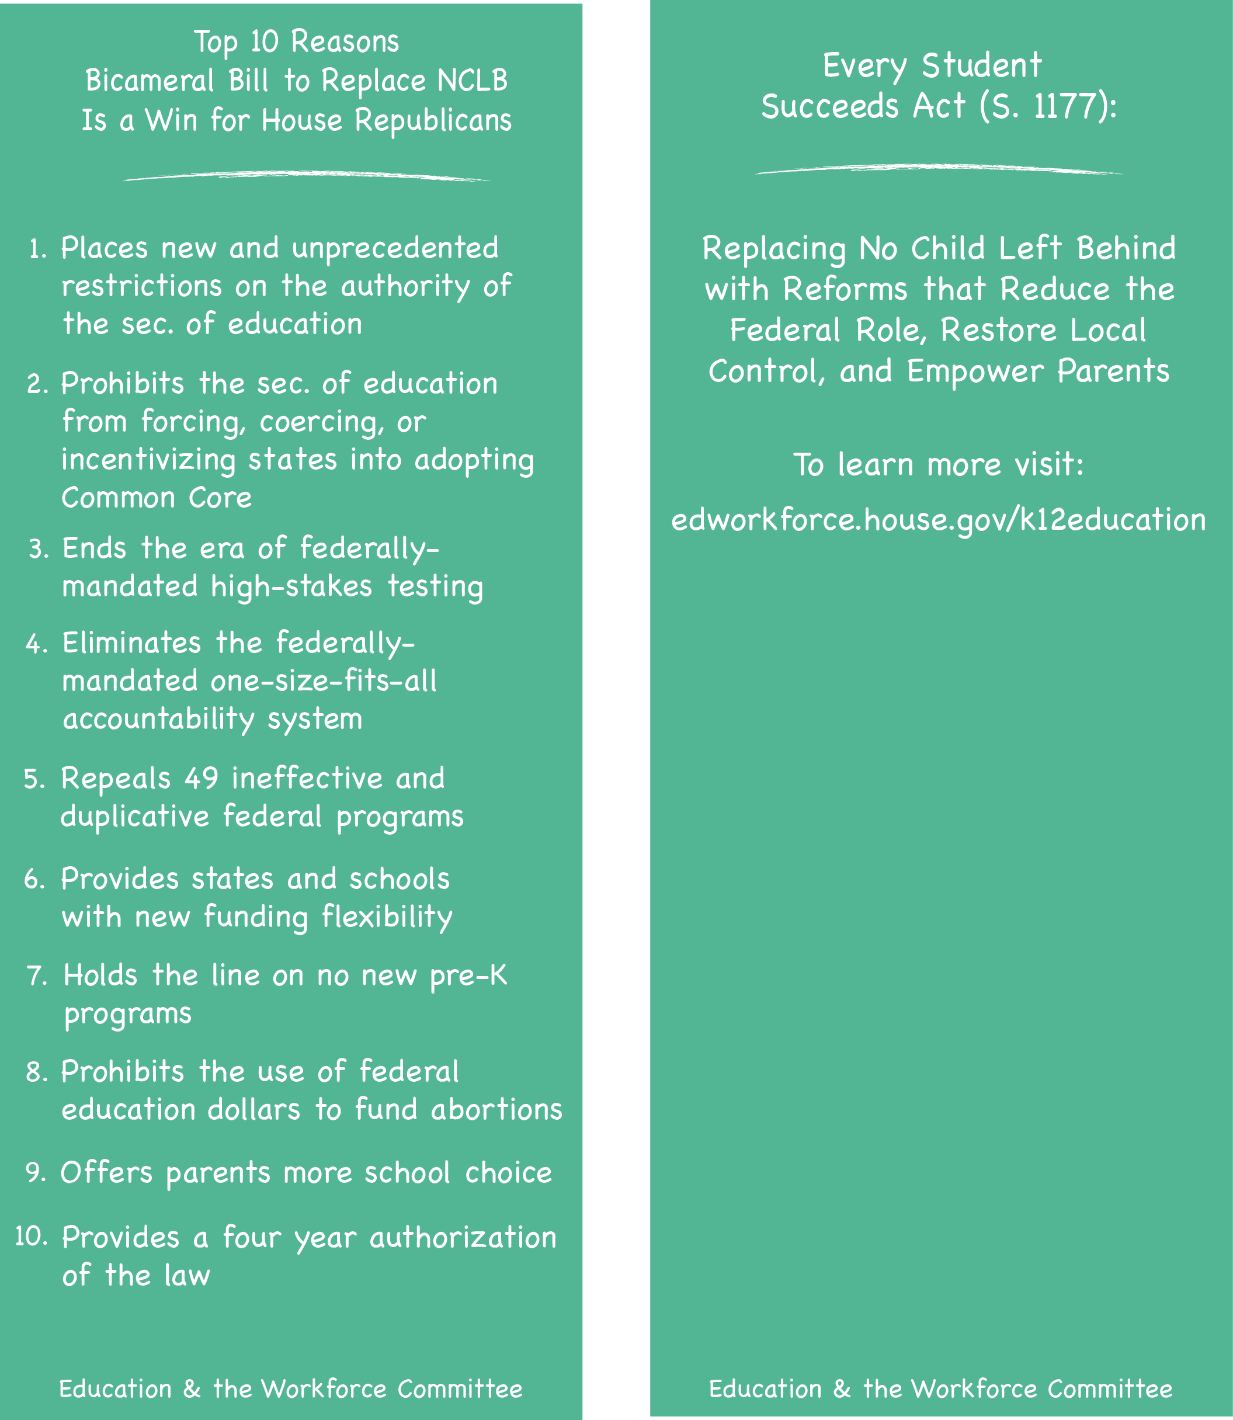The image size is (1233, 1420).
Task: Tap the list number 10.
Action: click(31, 1237)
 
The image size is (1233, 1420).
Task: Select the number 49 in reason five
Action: click(202, 778)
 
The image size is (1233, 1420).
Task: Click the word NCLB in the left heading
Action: click(473, 81)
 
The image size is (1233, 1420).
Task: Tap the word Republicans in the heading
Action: click(433, 120)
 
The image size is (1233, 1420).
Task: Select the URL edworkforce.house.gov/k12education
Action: click(939, 519)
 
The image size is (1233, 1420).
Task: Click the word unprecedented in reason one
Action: click(395, 248)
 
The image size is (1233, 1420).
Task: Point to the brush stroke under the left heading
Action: click(307, 176)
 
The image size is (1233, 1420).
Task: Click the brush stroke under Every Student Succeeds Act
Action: click(939, 169)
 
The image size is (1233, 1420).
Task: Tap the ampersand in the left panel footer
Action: click(192, 1389)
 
